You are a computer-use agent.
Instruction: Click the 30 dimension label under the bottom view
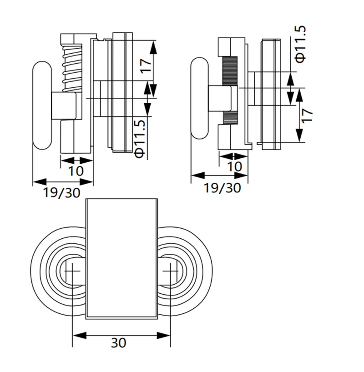118,343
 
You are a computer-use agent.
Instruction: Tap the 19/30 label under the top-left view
62,193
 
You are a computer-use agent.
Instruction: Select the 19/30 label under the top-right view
222,188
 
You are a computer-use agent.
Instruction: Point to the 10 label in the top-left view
76,171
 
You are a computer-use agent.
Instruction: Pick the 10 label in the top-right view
235,166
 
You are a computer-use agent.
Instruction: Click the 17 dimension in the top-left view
145,66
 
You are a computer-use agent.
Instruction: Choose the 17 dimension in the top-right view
307,116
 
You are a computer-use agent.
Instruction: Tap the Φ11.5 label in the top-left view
140,139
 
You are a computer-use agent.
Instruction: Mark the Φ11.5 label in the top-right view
301,44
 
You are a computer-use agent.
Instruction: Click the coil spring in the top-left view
72,68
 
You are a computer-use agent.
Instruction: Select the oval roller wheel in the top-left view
42,106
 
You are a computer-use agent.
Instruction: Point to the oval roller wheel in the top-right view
200,98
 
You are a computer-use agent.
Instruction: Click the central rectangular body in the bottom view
121,259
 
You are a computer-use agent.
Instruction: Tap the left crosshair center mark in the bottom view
72,271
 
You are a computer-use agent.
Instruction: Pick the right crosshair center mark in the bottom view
170,271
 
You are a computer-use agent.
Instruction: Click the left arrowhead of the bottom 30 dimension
79,336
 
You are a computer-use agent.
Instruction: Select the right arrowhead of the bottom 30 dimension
164,336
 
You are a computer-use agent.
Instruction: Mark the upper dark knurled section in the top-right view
230,71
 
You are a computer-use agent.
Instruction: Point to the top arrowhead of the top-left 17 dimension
153,47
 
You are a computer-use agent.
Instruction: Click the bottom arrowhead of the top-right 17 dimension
299,136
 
